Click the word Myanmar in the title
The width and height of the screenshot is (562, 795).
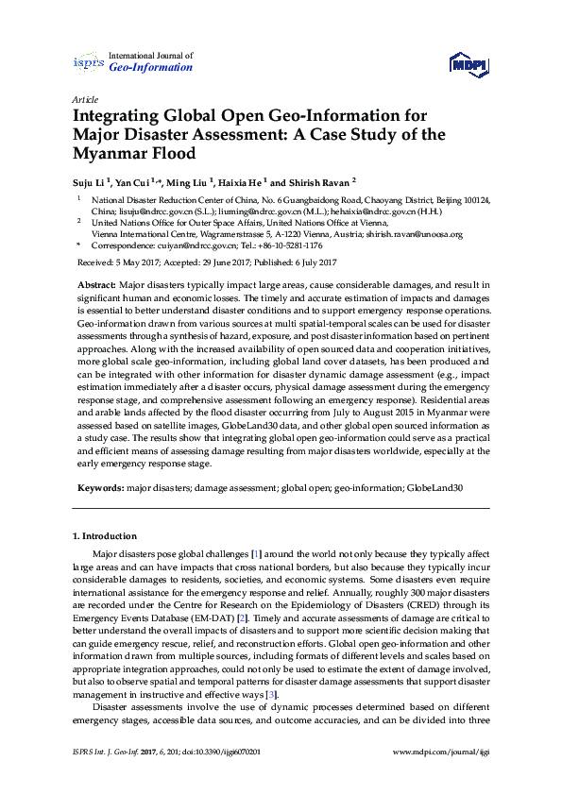[x=110, y=153]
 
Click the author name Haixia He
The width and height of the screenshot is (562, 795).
[x=241, y=180]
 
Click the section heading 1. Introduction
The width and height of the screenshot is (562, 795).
[x=105, y=536]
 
